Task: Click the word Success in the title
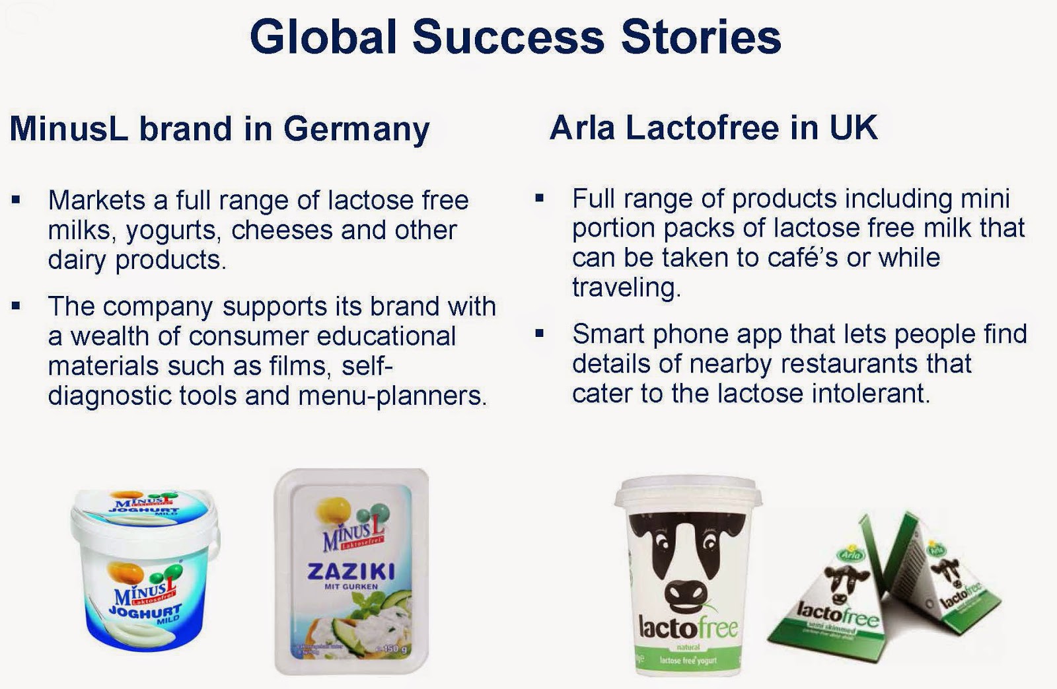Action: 508,37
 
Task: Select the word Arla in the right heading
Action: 581,127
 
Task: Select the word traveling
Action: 626,287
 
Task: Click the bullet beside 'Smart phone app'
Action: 539,334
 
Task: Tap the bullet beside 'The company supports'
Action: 16,306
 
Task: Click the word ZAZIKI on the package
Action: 351,571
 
